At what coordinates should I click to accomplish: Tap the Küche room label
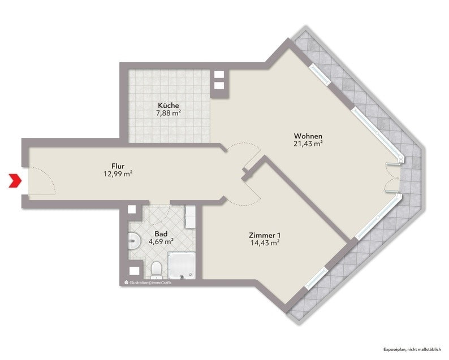pos(169,105)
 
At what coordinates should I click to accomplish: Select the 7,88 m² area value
pos(169,113)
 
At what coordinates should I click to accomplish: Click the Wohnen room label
pos(308,136)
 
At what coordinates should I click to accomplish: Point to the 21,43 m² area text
pos(308,144)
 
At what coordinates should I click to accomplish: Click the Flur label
pos(118,166)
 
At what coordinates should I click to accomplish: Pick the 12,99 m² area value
pos(118,174)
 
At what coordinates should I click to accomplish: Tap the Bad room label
pos(161,234)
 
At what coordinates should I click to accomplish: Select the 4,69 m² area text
pos(161,241)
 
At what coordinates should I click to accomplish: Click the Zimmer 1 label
pos(265,236)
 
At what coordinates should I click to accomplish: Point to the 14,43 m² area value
pos(265,243)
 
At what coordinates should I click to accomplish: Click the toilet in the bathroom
pos(156,270)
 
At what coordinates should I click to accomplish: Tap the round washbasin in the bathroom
pos(133,240)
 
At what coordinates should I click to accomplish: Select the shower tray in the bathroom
pos(182,265)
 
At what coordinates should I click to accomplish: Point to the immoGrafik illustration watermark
pos(148,283)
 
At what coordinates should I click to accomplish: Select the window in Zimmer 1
pos(316,277)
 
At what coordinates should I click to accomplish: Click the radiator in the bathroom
pos(191,217)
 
